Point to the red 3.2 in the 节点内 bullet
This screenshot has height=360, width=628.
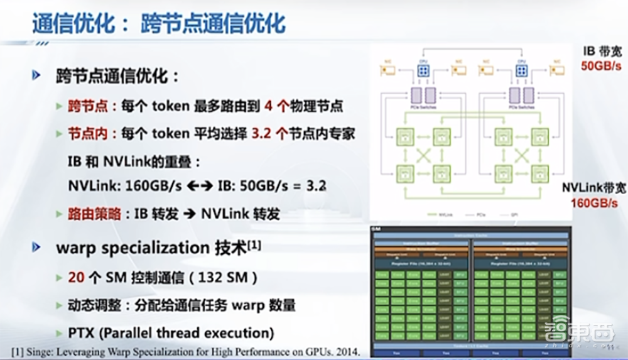[263, 133]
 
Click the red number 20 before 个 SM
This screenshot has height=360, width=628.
[77, 277]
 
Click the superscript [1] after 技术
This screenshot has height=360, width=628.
[253, 245]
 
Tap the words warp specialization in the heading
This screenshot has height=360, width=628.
[130, 248]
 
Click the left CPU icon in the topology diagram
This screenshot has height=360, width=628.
[423, 70]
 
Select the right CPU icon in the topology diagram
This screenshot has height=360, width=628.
[521, 70]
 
